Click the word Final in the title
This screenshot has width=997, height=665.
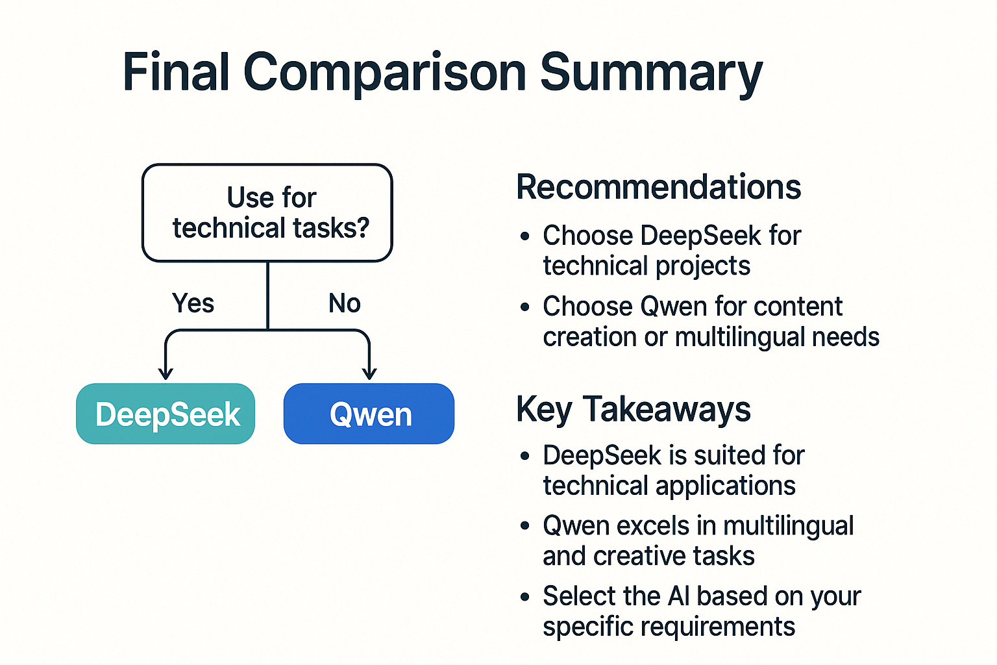pyautogui.click(x=176, y=71)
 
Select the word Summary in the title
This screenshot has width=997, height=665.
pyautogui.click(x=651, y=75)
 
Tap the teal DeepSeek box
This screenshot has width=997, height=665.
pyautogui.click(x=166, y=413)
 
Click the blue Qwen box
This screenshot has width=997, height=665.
pyautogui.click(x=369, y=413)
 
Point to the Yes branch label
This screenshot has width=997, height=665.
pyautogui.click(x=193, y=303)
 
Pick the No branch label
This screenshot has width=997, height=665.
pyautogui.click(x=345, y=303)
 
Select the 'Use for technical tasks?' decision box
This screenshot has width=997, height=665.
pyautogui.click(x=267, y=212)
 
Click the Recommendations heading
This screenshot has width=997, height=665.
pyautogui.click(x=659, y=187)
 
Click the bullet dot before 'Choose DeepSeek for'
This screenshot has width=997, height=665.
pyautogui.click(x=525, y=236)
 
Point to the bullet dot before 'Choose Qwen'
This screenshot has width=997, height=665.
pyautogui.click(x=525, y=307)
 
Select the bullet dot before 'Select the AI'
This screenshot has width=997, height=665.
pyautogui.click(x=525, y=596)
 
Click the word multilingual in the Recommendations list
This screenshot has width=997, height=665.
pyautogui.click(x=739, y=337)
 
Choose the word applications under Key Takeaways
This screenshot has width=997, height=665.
pyautogui.click(x=726, y=486)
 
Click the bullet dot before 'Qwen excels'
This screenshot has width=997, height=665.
pyautogui.click(x=525, y=526)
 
